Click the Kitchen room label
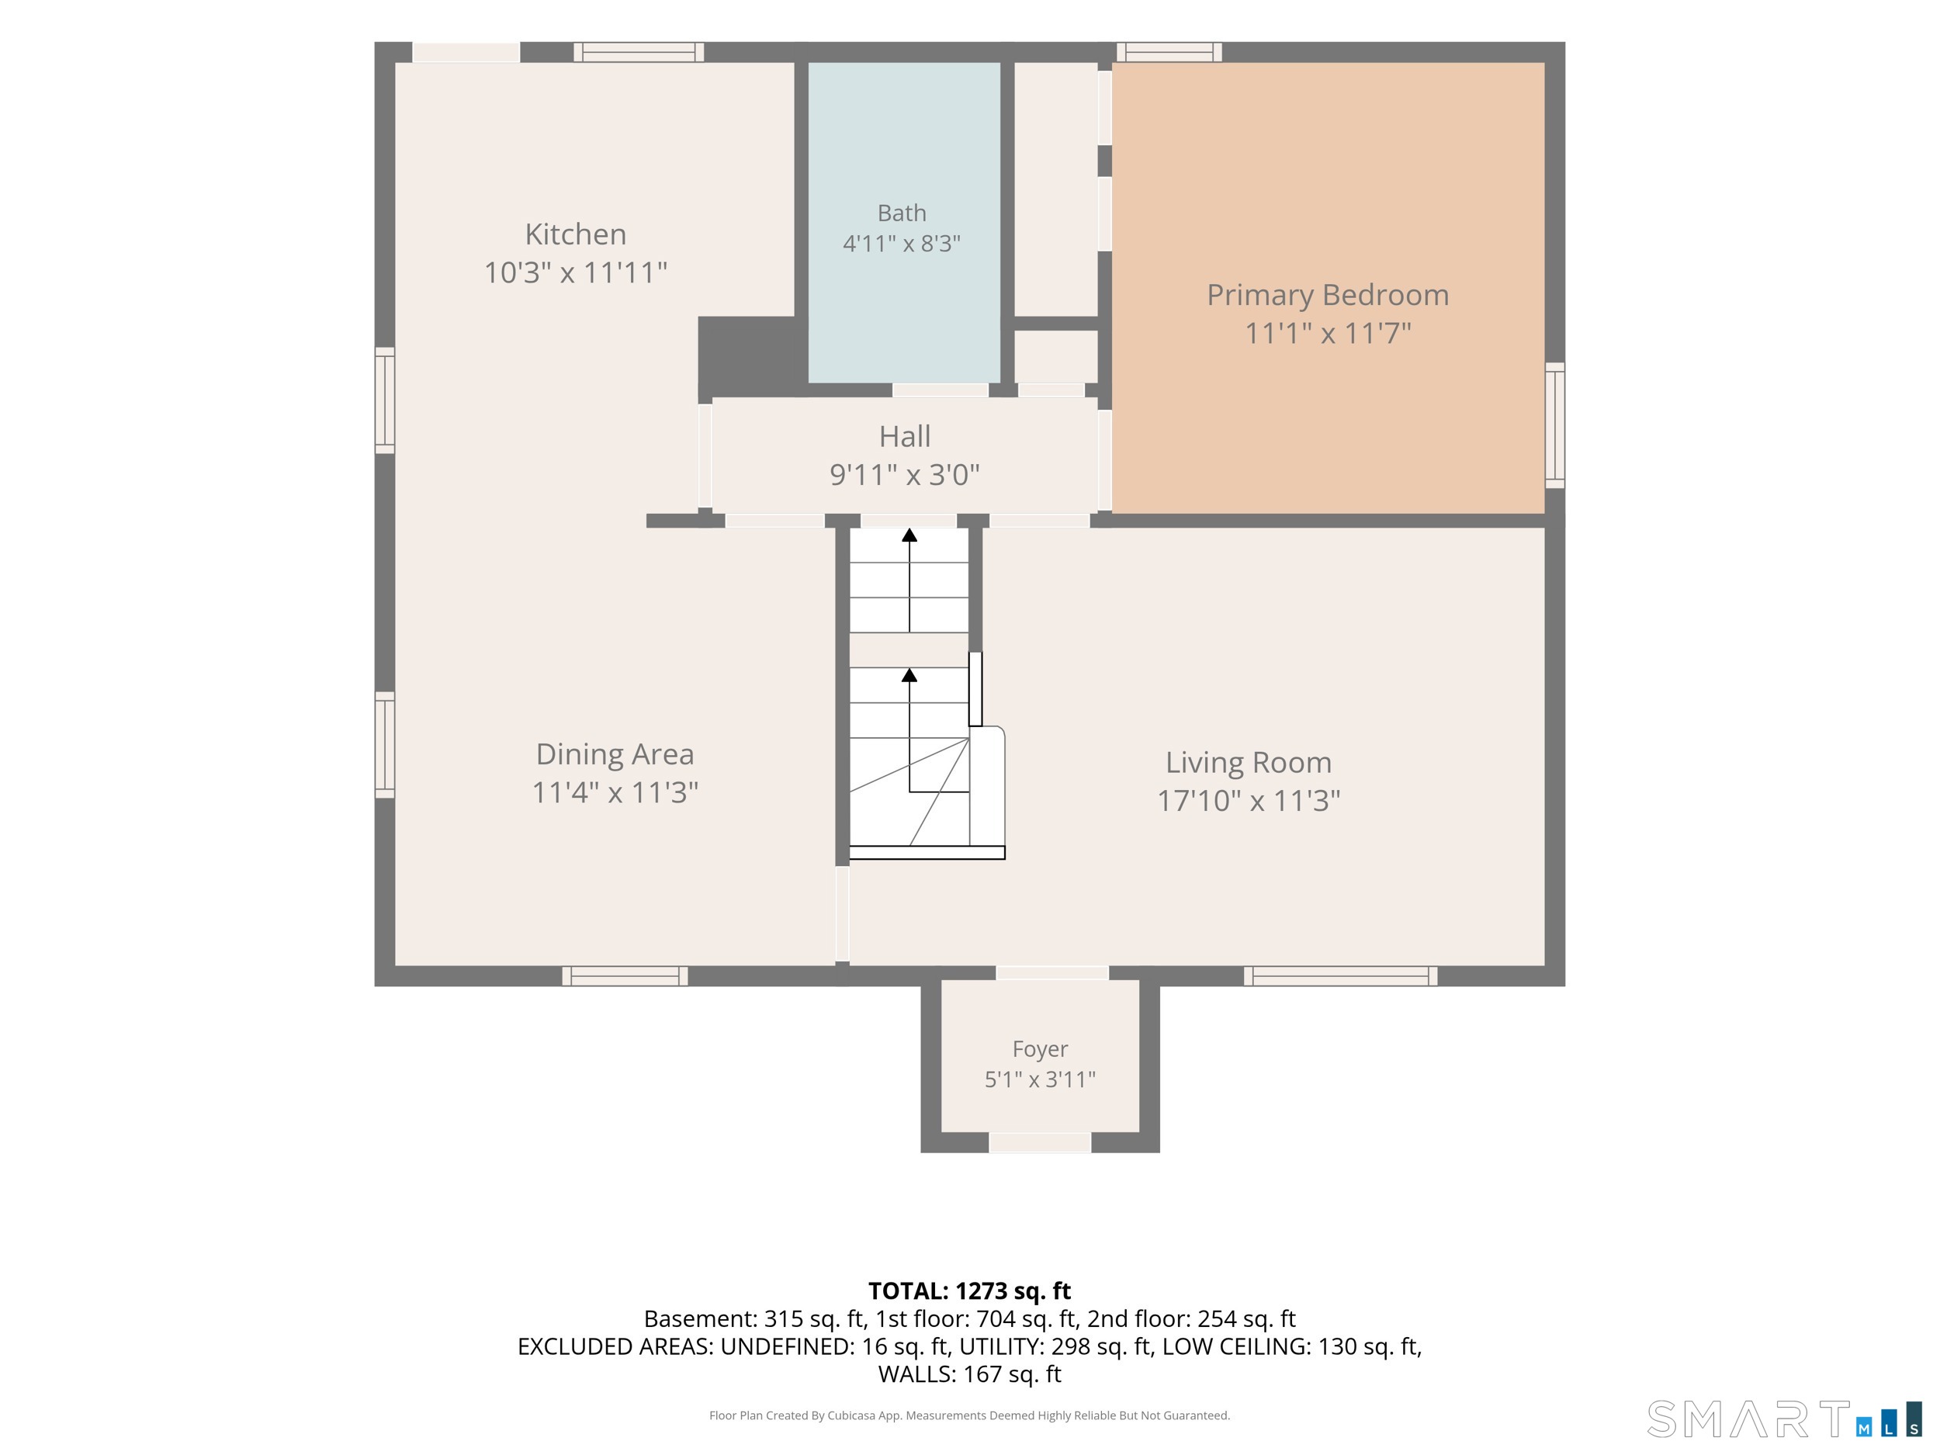pos(575,234)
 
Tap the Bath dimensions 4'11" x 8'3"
pos(902,243)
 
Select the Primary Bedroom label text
pos(1328,295)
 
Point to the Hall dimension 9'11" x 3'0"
pos(904,474)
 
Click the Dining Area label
pos(615,754)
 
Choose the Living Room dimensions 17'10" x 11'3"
pos(1249,801)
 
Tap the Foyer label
pos(1040,1050)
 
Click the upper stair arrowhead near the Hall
pos(909,535)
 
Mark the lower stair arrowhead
pos(909,674)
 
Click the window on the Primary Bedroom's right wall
pos(1555,425)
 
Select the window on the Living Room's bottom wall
pos(1340,976)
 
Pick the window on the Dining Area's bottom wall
pos(625,976)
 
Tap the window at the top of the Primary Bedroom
pos(1169,52)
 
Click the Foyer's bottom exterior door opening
pos(1040,1142)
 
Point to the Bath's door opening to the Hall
pos(941,390)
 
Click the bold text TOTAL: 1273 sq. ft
pos(969,1291)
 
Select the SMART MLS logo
pos(1784,1419)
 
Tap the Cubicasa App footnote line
pos(969,1415)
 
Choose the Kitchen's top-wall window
pos(639,52)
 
